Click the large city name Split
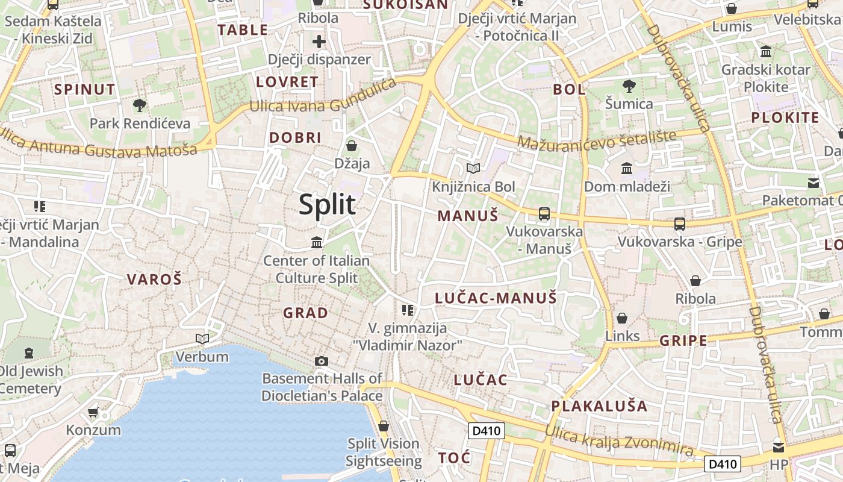pos(328,205)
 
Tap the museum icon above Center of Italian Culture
pos(317,242)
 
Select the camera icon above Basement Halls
pos(322,361)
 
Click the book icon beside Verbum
pos(202,339)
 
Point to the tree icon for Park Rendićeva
pos(140,105)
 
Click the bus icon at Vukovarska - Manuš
pos(544,213)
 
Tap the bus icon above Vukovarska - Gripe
pos(680,224)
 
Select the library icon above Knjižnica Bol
pos(473,168)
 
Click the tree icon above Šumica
pos(629,86)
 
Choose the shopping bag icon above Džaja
pos(352,145)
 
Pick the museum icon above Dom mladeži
pos(627,168)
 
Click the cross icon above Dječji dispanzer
pos(319,42)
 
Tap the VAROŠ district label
pos(154,279)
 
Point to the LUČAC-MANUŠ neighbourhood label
pos(496,298)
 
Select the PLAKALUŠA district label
pos(599,405)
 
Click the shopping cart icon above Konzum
pos(93,412)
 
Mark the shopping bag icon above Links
pos(622,318)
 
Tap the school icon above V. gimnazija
pos(408,310)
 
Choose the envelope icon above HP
pos(779,447)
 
